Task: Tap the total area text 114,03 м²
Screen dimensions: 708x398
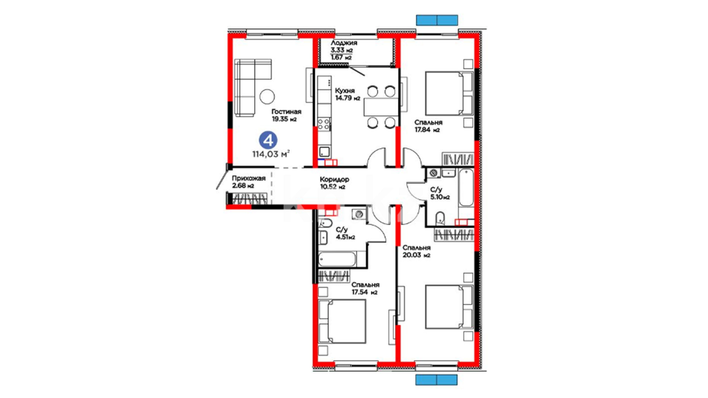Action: [271, 154]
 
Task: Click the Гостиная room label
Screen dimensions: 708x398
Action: [286, 112]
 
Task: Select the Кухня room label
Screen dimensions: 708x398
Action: [345, 91]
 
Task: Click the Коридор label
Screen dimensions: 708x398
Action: [334, 179]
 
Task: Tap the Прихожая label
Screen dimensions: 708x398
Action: [249, 178]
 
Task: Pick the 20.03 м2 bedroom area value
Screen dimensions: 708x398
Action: [416, 255]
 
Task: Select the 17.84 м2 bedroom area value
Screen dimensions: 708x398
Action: [427, 130]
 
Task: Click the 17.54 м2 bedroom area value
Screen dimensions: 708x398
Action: [364, 292]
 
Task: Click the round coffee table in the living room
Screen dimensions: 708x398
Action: [267, 97]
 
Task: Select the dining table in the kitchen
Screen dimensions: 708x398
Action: [381, 107]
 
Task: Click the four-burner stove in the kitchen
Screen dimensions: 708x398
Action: [324, 124]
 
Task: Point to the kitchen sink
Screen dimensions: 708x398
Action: [324, 151]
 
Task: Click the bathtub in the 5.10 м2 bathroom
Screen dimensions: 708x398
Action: [466, 188]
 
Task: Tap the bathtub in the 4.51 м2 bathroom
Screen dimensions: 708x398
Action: [337, 259]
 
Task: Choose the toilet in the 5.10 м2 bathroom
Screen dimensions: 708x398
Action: [440, 219]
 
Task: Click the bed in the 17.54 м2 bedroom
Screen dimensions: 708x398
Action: [342, 321]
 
